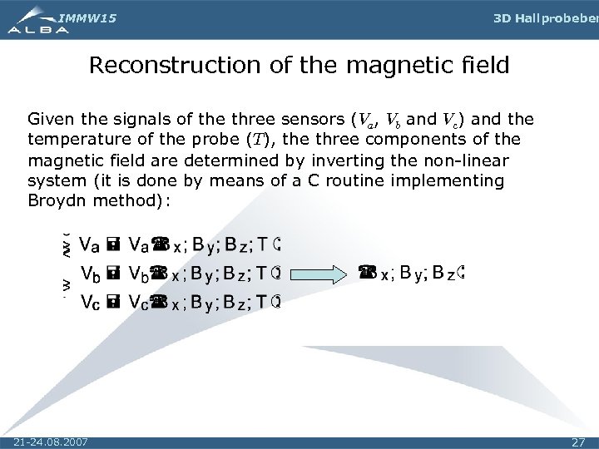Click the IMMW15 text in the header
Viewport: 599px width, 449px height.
tap(82, 16)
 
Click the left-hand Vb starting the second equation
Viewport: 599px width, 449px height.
tap(92, 272)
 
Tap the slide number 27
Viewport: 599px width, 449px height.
tap(579, 442)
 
